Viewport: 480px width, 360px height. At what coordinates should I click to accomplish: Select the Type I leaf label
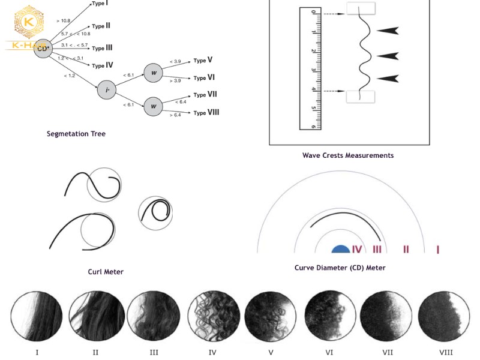[x=100, y=4]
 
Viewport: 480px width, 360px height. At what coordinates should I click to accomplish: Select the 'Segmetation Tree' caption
[x=76, y=134]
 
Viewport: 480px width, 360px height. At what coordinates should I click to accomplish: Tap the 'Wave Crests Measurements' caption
[x=348, y=155]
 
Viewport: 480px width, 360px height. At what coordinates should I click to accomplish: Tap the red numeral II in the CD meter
[x=406, y=249]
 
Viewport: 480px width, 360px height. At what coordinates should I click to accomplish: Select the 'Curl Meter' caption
[x=106, y=272]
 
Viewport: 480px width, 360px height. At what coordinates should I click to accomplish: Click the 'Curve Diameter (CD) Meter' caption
[x=340, y=268]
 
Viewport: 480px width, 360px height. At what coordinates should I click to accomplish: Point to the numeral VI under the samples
[x=329, y=352]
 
